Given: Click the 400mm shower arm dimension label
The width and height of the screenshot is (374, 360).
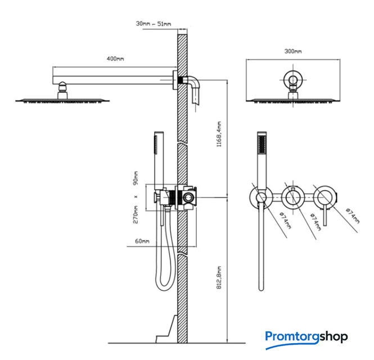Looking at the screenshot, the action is click(115, 58).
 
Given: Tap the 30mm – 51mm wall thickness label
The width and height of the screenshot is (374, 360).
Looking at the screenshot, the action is click(154, 24).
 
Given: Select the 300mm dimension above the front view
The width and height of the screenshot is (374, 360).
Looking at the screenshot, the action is click(293, 51).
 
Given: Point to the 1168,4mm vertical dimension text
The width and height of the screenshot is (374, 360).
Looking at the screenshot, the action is click(219, 134).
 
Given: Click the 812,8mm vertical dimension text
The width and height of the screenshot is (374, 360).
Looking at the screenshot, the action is click(219, 277).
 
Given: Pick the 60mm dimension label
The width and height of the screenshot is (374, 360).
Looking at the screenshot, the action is click(142, 241).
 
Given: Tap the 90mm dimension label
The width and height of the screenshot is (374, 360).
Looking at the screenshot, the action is click(135, 178).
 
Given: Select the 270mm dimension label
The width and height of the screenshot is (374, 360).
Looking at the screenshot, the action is click(135, 215).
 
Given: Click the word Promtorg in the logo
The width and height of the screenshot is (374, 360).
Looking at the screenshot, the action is click(292, 336).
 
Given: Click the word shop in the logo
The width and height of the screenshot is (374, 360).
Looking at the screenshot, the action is click(334, 336).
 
